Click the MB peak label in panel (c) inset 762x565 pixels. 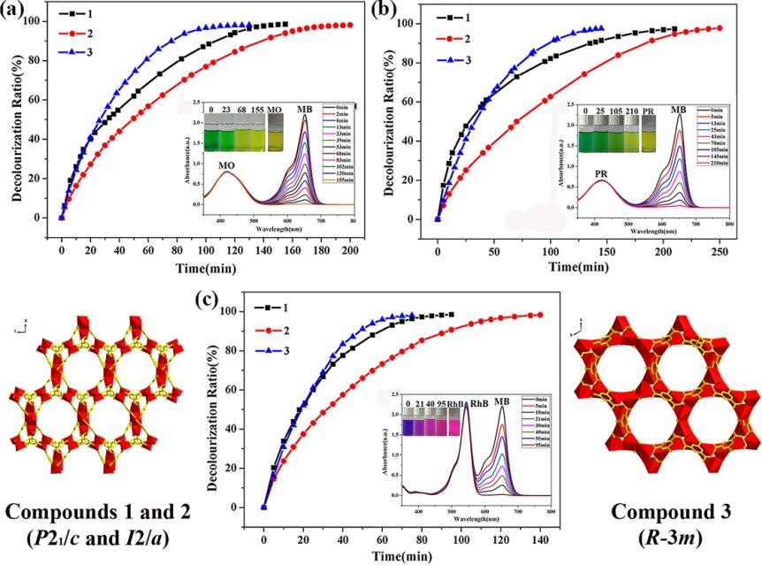coord(501,400)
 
